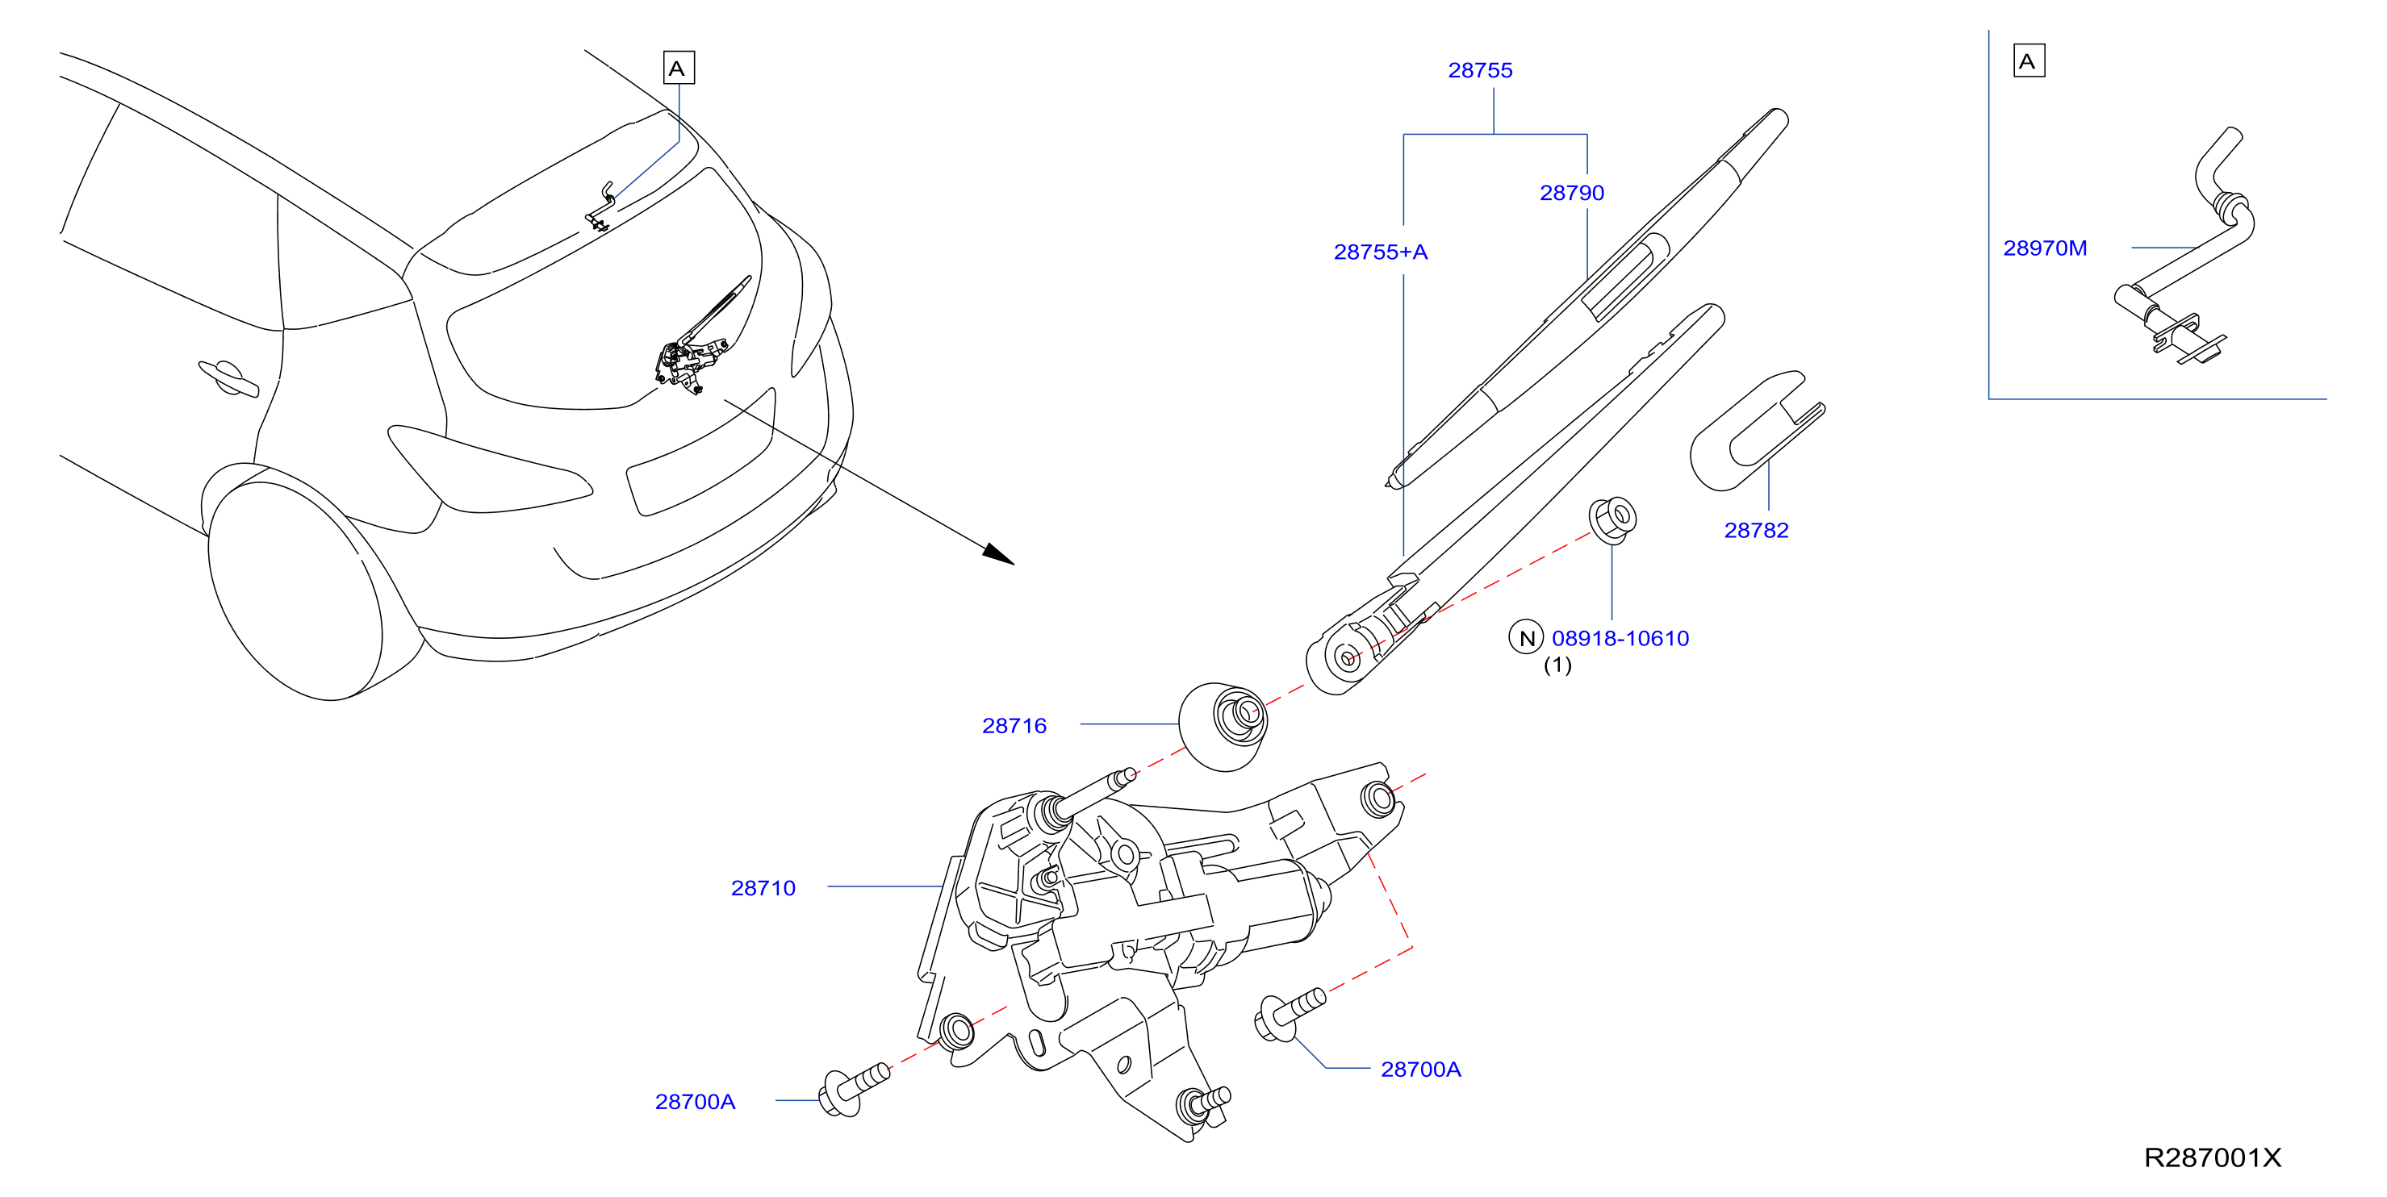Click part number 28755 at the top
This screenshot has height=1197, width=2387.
coord(1480,70)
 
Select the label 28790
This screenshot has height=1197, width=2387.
coord(1572,193)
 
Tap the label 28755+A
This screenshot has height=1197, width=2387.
coord(1381,252)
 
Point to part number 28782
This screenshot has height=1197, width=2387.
coord(1756,530)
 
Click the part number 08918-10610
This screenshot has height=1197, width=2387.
coord(1620,638)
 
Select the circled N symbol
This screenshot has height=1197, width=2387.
coord(1525,637)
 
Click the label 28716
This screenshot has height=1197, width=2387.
coord(1014,725)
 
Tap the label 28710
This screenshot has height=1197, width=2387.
coord(763,887)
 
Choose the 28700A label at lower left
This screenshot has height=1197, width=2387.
coord(695,1102)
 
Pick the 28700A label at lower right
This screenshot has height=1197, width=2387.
coord(1420,1069)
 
